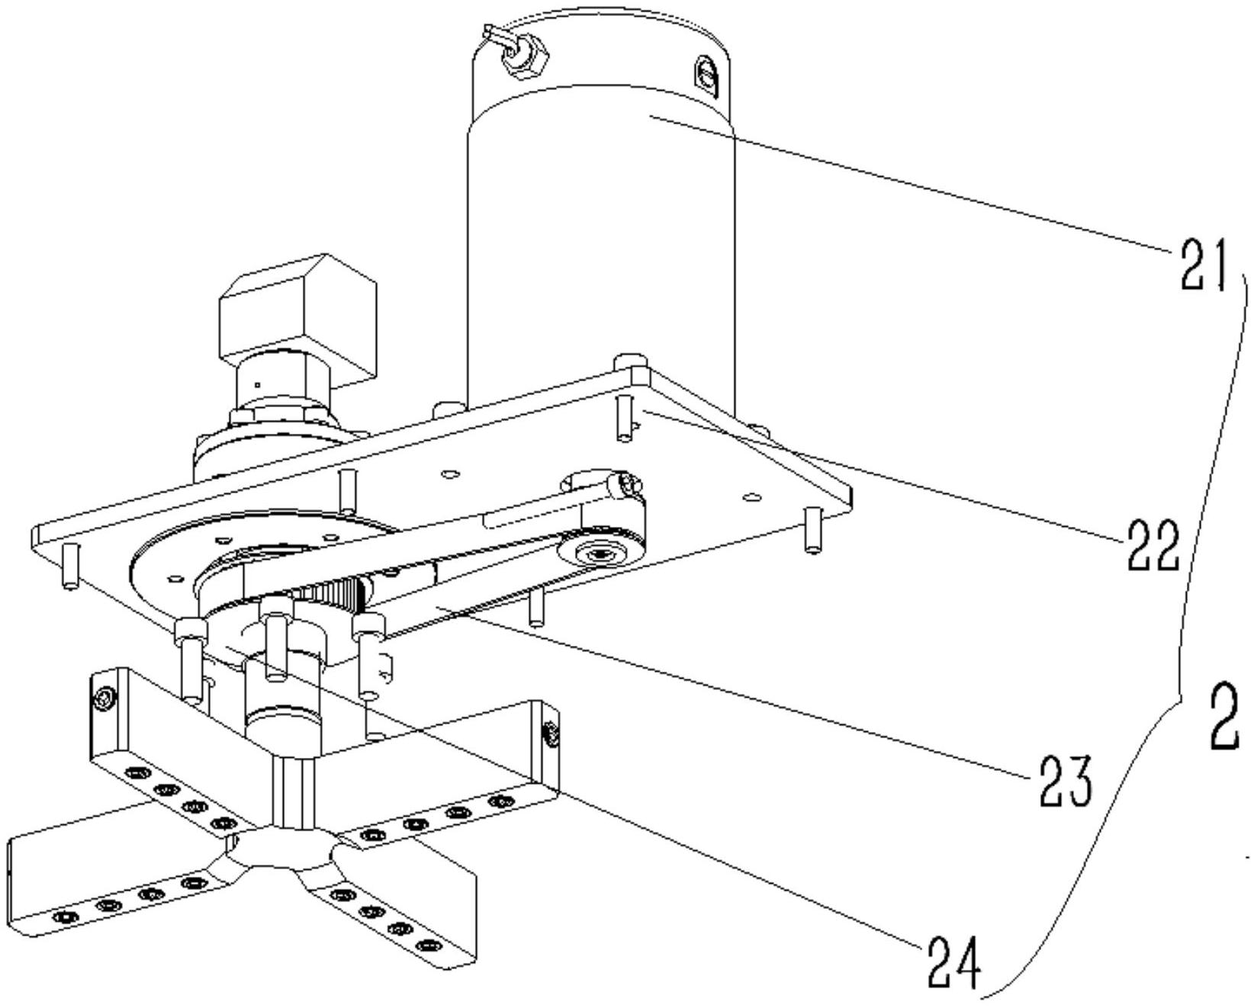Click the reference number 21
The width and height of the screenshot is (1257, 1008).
1203,265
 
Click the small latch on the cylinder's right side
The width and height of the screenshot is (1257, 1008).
706,76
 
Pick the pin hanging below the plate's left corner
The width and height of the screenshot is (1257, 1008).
69,565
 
